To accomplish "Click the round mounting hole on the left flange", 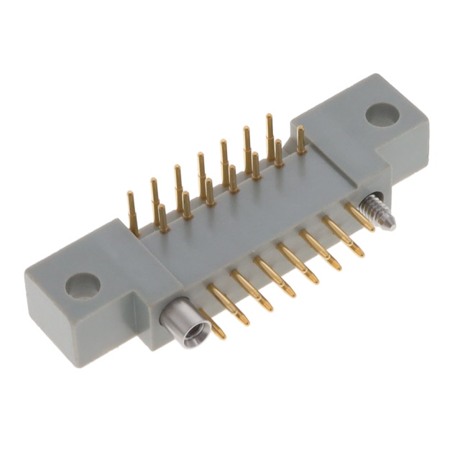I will point(82,286).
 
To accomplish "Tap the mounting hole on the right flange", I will point(382,114).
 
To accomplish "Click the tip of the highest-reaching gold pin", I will point(270,117).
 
